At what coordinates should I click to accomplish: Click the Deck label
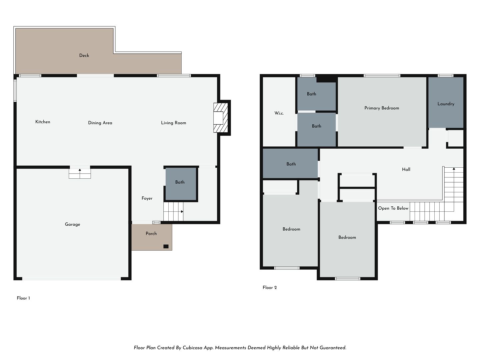coord(84,56)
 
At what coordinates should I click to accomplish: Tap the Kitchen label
coord(43,122)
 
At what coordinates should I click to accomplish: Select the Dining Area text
coord(100,123)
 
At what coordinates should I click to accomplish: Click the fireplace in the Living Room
coord(221,118)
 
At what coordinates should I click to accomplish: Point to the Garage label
coord(72,224)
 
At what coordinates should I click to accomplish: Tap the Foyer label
coord(147,198)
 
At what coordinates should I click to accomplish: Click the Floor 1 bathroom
coord(181,184)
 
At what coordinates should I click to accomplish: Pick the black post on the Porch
coord(166,246)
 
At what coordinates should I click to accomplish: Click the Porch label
coord(151,233)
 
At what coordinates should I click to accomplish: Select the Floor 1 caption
coord(23,298)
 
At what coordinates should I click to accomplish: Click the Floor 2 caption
coord(270,287)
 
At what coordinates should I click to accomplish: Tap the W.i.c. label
coord(279,113)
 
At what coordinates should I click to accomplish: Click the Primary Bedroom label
coord(382,108)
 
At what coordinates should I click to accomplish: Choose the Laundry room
coord(446,102)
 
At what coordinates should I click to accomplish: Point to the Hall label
coord(406,169)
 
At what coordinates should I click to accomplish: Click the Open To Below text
coord(393,208)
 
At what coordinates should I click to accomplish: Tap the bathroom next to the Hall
coord(290,163)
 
